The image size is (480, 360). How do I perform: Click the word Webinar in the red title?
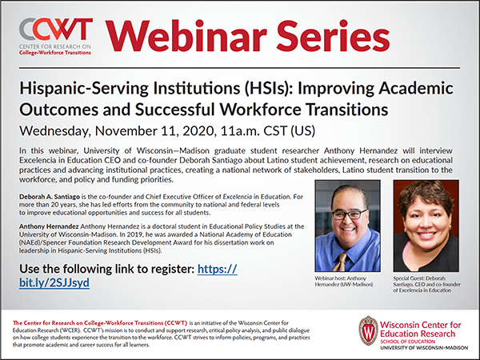tap(186, 36)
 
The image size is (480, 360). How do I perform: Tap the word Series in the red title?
tap(333, 36)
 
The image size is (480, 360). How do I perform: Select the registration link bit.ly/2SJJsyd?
tap(54, 282)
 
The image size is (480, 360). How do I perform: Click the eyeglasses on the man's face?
tap(350, 214)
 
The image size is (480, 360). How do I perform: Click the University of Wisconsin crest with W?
tap(368, 331)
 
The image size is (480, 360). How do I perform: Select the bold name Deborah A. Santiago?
tap(50, 197)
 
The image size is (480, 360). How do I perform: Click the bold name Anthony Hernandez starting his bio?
tap(49, 226)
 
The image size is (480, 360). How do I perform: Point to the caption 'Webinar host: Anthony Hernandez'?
tap(344, 282)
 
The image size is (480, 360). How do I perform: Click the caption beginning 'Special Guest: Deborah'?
tap(426, 284)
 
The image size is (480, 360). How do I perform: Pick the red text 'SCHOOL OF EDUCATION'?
tap(407, 342)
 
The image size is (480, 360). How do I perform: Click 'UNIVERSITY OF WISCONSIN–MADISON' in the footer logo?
tap(424, 348)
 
